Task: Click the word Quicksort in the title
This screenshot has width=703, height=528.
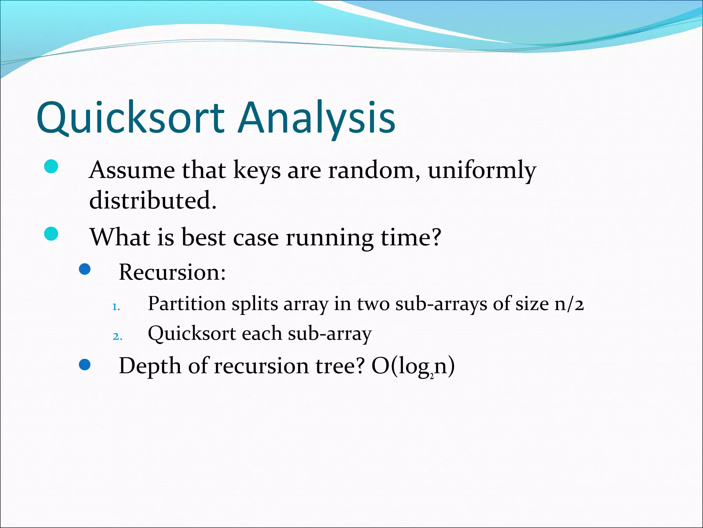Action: (130, 118)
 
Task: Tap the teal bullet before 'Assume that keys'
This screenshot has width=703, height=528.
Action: (51, 167)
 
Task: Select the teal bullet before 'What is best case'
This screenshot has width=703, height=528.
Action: (51, 234)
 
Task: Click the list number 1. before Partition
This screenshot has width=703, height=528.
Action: (116, 307)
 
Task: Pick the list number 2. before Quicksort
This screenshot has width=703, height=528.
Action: (117, 337)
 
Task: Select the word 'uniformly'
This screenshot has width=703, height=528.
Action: (482, 170)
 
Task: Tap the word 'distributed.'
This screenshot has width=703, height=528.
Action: (153, 200)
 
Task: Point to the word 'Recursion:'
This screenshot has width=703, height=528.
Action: (172, 272)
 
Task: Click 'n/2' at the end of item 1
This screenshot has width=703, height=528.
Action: (569, 304)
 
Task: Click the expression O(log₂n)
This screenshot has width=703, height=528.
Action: (413, 366)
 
